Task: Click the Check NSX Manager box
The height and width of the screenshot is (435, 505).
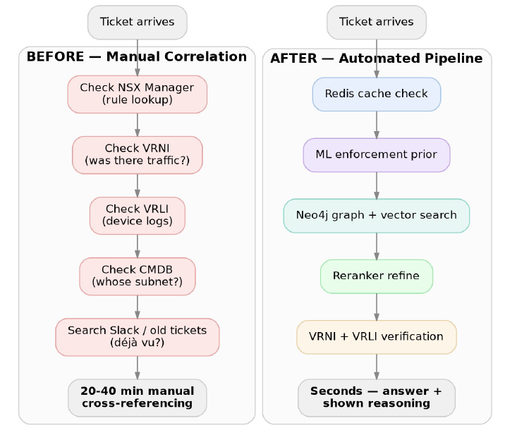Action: (138, 94)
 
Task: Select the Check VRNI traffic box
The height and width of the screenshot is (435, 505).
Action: (138, 155)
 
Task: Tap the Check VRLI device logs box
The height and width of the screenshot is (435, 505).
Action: (138, 216)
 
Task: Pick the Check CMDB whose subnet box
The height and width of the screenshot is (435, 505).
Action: (138, 276)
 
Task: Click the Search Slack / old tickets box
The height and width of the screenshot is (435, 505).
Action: (138, 337)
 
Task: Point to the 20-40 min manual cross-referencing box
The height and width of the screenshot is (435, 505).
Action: (138, 398)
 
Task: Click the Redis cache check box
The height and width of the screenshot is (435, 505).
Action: (377, 94)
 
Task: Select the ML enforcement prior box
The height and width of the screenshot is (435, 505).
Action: (377, 155)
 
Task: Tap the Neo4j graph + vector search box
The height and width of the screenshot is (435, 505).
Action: (377, 216)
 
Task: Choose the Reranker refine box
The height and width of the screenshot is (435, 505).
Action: (377, 276)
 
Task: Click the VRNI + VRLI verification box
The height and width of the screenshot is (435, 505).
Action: (377, 337)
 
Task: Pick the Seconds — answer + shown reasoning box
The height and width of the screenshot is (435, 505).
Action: (377, 398)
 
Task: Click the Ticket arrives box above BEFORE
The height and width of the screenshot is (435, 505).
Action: (138, 23)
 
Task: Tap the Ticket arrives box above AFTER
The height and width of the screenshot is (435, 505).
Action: (377, 23)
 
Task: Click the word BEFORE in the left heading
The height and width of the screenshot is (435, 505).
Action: (56, 56)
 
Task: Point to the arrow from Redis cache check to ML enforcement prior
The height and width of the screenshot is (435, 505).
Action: (377, 125)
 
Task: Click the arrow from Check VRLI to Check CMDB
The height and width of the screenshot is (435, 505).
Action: (138, 246)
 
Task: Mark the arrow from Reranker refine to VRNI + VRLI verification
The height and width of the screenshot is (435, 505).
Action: (377, 307)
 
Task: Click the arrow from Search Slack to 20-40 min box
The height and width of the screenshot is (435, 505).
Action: (138, 368)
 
